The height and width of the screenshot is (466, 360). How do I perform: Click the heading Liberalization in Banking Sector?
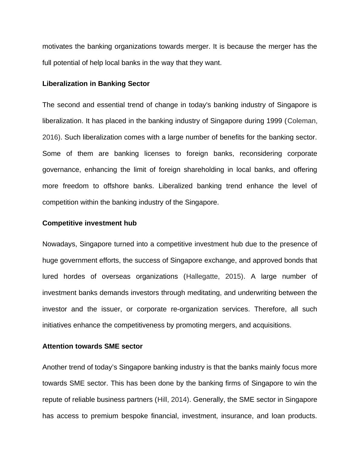pos(96,84)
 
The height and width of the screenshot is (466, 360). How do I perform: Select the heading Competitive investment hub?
pos(90,223)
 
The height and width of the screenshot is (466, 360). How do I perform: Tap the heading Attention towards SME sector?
pos(92,346)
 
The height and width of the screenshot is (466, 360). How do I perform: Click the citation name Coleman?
pos(302,121)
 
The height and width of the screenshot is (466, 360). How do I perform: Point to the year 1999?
pos(274,121)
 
